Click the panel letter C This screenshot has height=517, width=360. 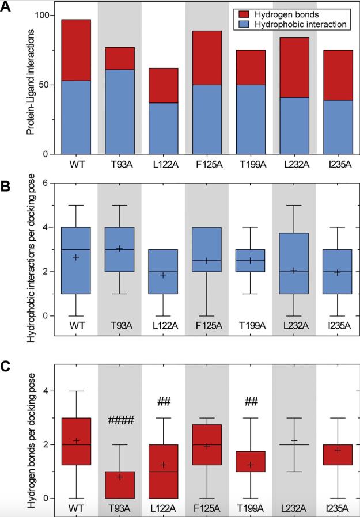pos(7,367)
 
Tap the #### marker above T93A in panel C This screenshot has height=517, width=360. pos(119,421)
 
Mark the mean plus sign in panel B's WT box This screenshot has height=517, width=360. pos(76,257)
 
